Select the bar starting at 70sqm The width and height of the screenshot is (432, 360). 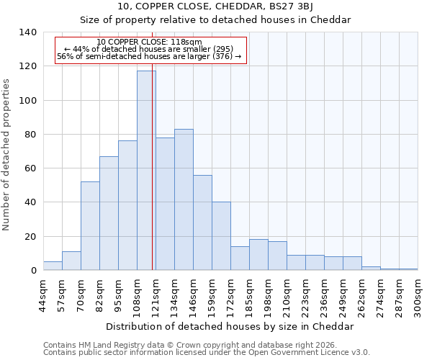pos(90,226)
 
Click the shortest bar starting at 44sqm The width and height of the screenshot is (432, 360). pos(53,266)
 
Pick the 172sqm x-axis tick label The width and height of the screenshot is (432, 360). pos(230,295)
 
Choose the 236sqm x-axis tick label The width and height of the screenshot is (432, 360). pos(324,295)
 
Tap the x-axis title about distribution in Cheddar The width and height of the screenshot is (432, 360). pos(230,326)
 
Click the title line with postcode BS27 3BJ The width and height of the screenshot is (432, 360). pos(215,6)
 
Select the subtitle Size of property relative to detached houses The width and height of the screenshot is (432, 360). pos(215,19)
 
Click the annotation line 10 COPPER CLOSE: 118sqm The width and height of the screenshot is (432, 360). pos(149,42)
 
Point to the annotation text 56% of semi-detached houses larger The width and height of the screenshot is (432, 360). pos(149,56)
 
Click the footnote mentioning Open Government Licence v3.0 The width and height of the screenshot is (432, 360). pos(207,352)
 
